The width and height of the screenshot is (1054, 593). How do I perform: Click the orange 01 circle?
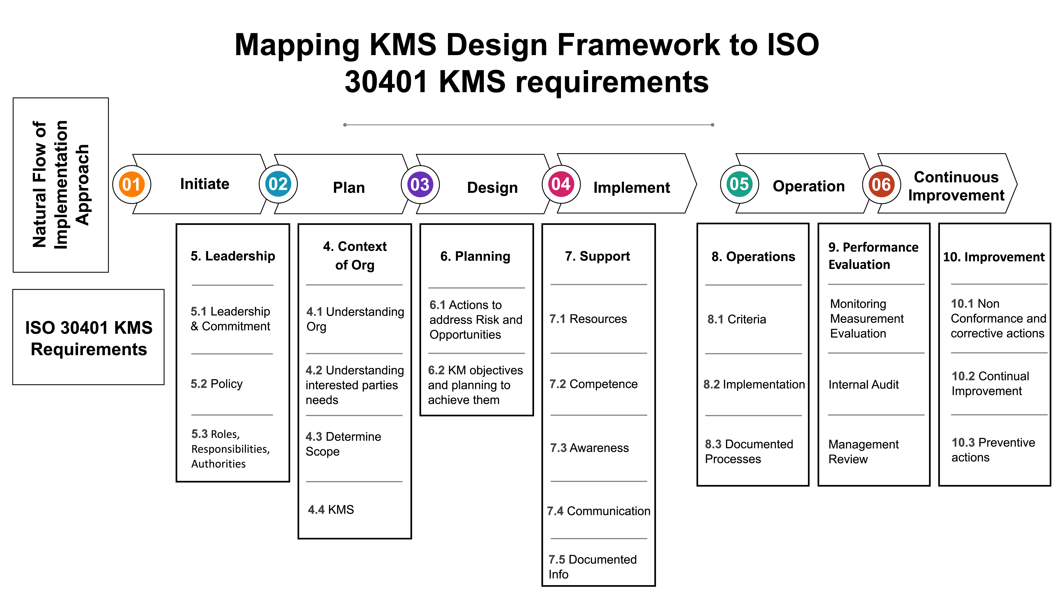(x=131, y=185)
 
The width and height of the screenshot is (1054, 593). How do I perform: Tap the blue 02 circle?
(x=278, y=184)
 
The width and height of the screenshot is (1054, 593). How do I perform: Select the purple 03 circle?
(x=420, y=185)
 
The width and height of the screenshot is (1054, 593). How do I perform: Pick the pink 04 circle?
(x=561, y=184)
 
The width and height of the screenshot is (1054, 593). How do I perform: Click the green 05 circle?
(x=739, y=184)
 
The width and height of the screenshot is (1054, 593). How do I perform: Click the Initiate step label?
(x=205, y=184)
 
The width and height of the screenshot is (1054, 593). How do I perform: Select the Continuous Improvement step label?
(x=956, y=186)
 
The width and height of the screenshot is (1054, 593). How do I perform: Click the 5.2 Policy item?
(x=216, y=384)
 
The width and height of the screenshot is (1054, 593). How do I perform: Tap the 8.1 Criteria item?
(x=736, y=319)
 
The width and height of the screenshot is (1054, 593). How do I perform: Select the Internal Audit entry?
(x=863, y=385)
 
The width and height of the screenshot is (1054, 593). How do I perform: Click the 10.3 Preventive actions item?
(x=993, y=450)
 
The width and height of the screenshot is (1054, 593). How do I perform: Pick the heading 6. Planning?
(x=475, y=256)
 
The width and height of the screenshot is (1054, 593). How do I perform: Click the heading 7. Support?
(x=597, y=256)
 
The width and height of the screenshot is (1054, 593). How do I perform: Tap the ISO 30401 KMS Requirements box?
(x=88, y=338)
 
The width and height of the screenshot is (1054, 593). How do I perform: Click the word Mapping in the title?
(x=297, y=45)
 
